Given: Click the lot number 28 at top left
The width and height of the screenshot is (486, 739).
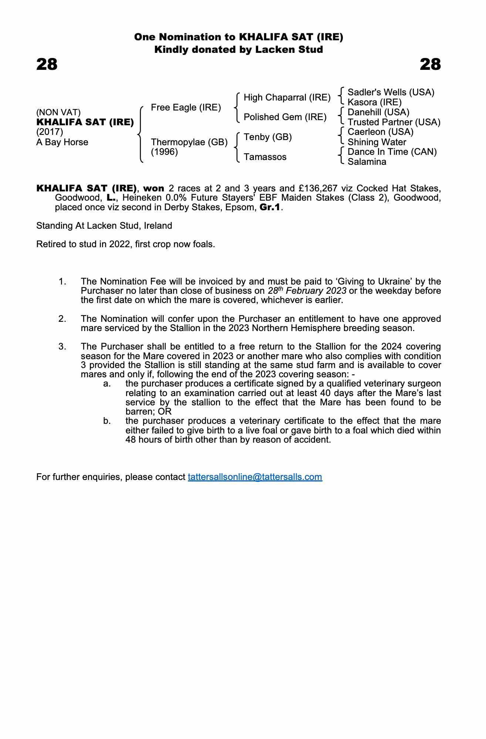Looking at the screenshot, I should [47, 64].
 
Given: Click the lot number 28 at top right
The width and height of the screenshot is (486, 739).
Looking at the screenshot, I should [430, 64].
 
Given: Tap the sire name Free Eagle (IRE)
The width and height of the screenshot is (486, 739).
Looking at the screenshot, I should [186, 108].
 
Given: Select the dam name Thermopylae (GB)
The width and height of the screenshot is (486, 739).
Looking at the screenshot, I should [189, 142].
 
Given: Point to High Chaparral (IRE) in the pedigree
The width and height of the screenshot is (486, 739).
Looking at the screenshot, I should [287, 98].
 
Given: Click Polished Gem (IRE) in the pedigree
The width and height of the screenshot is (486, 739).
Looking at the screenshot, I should [285, 117].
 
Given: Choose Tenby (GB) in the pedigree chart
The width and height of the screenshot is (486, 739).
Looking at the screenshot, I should [268, 137].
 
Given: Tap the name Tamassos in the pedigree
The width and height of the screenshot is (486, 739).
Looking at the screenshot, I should [265, 157].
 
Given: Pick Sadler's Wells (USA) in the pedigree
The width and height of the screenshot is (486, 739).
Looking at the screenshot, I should [391, 92].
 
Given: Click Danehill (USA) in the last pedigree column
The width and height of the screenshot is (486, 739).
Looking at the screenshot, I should [378, 112].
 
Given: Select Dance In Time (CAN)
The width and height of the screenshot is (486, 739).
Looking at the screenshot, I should [392, 152].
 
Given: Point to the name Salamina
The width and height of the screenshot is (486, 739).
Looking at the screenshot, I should [367, 162].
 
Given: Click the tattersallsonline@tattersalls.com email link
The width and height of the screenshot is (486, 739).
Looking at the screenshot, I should [255, 477].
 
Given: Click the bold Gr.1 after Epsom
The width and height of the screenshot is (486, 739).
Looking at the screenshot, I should [270, 207].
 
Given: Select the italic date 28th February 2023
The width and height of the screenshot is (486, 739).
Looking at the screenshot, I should [307, 290].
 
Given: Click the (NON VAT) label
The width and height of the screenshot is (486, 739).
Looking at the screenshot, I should [58, 112].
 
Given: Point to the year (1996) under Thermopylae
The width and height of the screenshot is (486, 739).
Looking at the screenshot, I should [165, 152].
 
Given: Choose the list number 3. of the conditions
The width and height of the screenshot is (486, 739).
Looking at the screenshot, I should [62, 347].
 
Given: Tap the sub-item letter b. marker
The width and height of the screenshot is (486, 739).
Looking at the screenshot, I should [107, 421].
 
